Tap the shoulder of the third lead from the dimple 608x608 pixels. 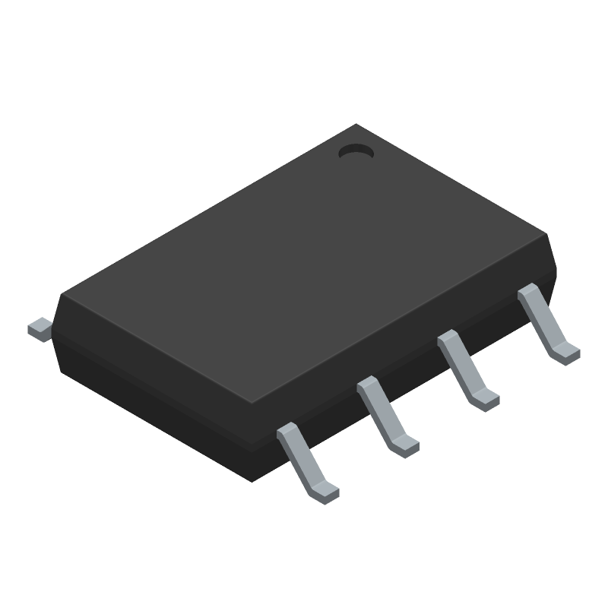pos(368,386)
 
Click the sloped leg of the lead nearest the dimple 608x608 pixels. pos(544,322)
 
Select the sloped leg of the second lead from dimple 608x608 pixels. pos(464,369)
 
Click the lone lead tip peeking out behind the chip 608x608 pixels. pos(40,328)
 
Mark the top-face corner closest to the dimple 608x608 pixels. pos(356,125)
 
